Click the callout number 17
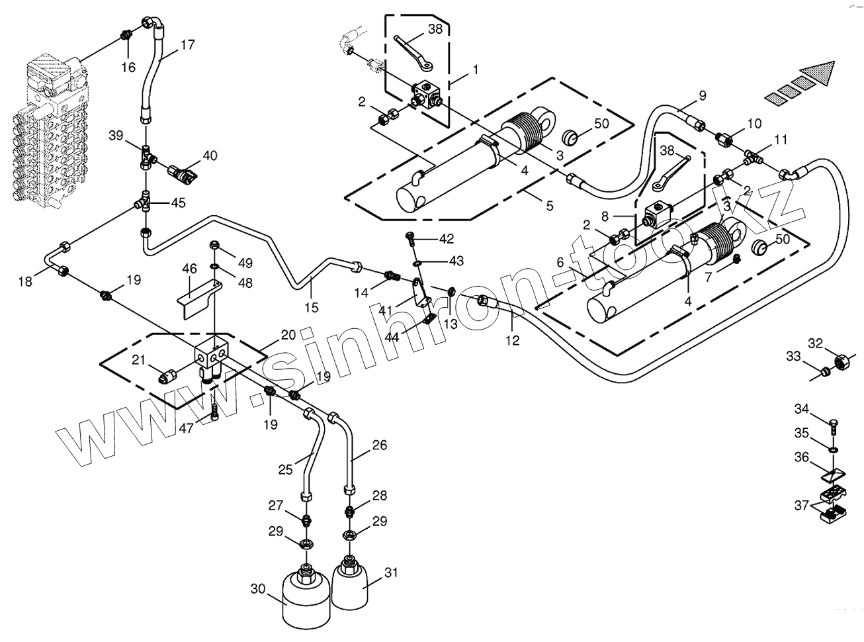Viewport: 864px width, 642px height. (x=187, y=45)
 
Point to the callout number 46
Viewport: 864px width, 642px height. (x=190, y=269)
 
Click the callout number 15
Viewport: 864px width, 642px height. (x=312, y=307)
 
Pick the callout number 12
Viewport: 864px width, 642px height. (x=513, y=341)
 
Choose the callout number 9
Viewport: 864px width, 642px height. (x=703, y=95)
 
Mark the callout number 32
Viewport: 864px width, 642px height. (x=816, y=343)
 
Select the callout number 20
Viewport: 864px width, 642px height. (x=287, y=335)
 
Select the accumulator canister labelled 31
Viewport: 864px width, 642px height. (x=350, y=584)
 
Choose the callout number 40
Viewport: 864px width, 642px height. (x=210, y=156)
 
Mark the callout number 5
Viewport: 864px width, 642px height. (x=550, y=206)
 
